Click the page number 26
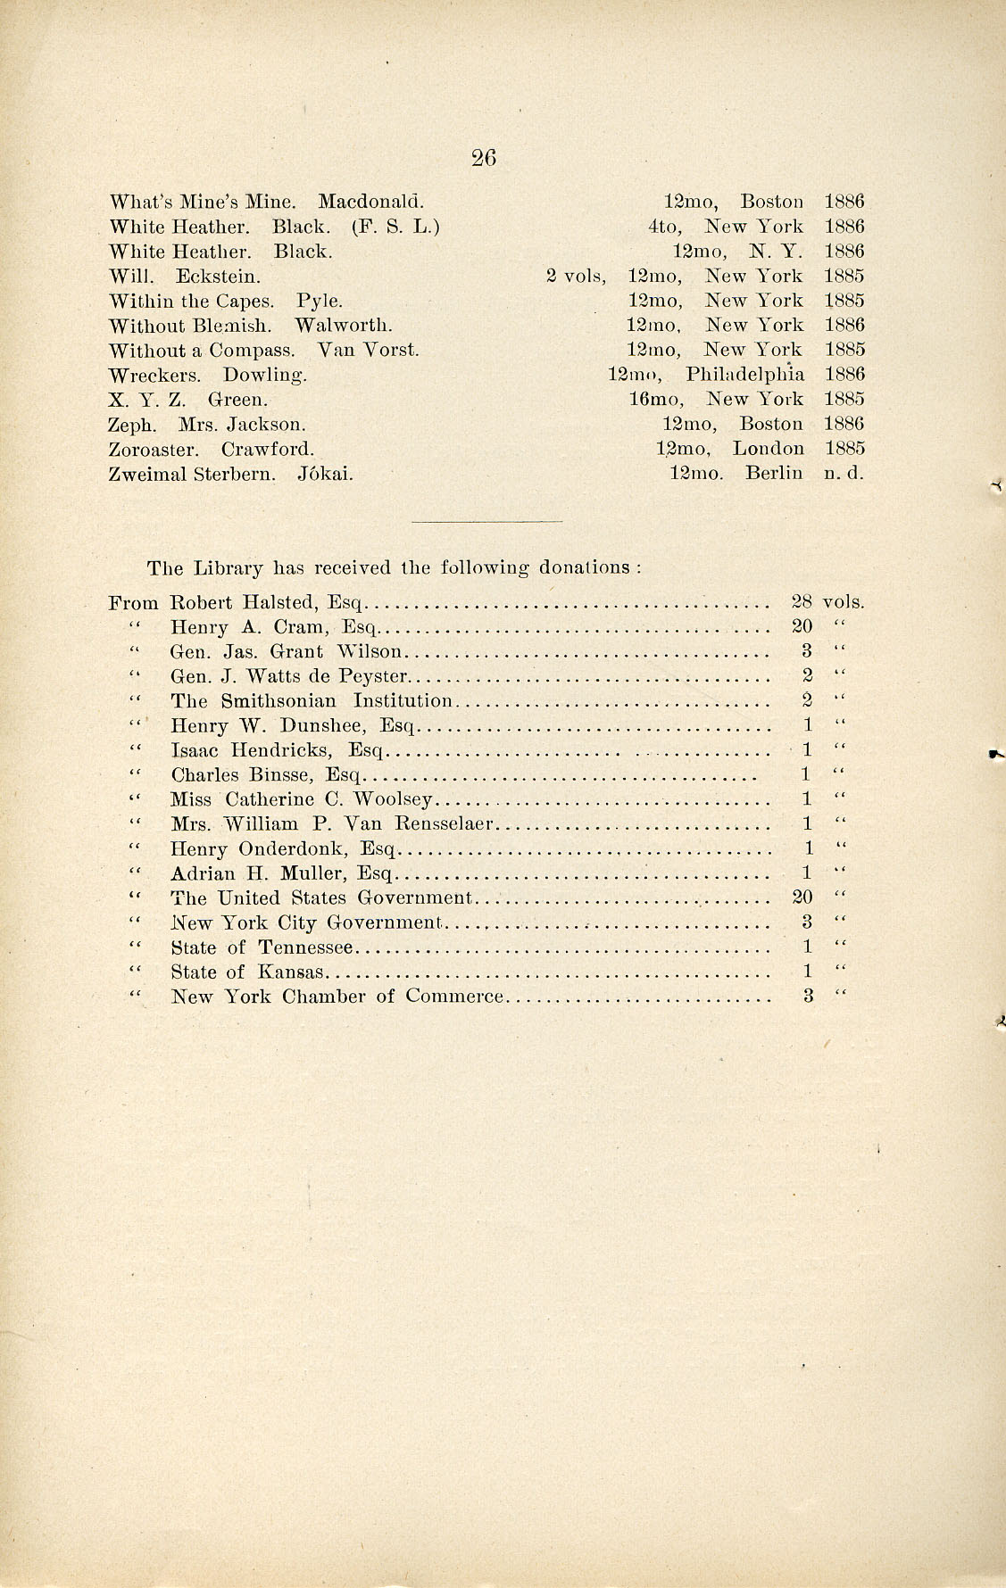pos(483,158)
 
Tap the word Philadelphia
pos(744,375)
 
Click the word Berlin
pos(774,474)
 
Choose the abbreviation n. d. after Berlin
pos(844,474)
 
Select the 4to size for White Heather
pos(665,227)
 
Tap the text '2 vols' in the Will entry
pos(575,277)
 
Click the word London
pos(768,449)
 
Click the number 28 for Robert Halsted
pos(802,601)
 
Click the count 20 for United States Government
pos(802,898)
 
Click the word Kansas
pos(291,972)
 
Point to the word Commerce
pos(454,997)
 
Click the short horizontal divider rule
pos(487,521)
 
